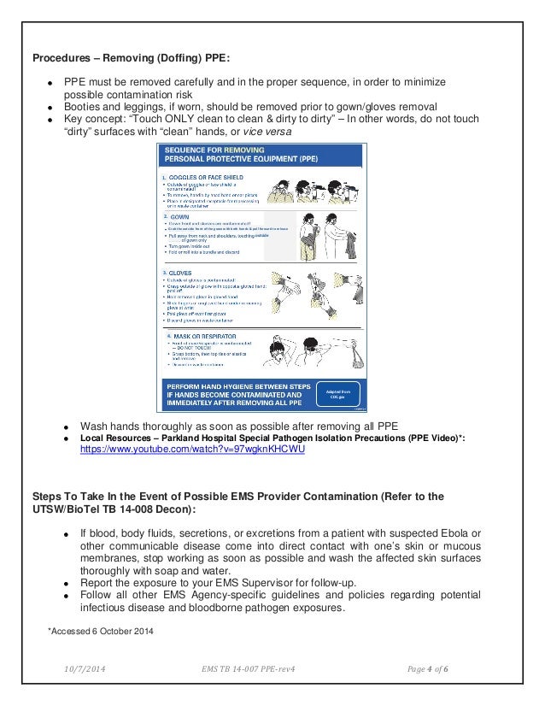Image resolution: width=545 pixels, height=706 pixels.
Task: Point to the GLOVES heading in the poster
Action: point(182,274)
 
